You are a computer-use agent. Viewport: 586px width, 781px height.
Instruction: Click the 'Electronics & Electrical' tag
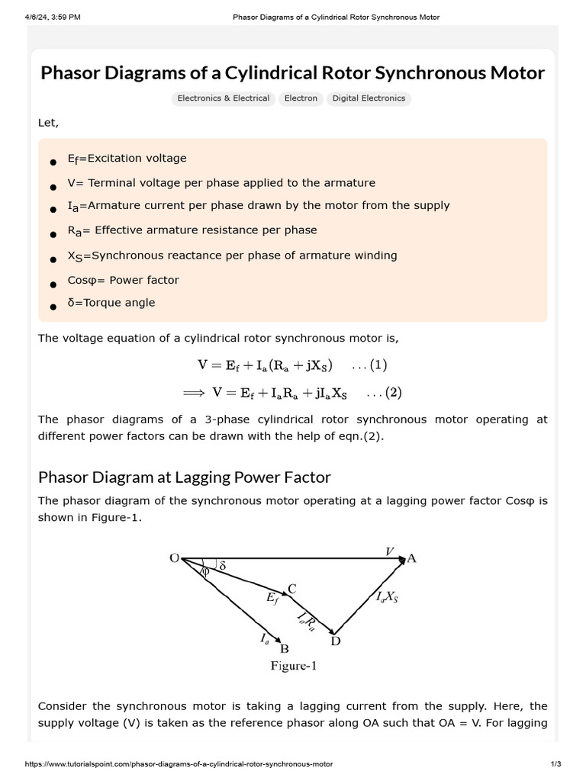coord(223,98)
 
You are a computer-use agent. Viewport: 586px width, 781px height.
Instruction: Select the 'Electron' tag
coord(301,98)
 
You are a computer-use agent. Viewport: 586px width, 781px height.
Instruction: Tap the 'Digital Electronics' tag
coord(369,98)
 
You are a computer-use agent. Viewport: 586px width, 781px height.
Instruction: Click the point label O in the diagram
coord(174,558)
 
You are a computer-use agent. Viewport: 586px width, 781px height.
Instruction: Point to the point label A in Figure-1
coord(412,558)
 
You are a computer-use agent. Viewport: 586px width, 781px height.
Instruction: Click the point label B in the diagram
coord(285,649)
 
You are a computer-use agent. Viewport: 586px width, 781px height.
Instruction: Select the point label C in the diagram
coord(291,589)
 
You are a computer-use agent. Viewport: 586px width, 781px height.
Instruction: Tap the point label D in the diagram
coord(335,641)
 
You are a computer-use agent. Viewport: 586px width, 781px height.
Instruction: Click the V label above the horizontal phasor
coord(390,551)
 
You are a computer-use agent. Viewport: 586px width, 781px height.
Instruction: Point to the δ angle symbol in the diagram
coord(222,566)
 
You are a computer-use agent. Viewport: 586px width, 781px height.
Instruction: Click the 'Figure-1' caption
coord(294,666)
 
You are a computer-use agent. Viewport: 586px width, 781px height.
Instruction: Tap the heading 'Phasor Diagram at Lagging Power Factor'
coord(185,477)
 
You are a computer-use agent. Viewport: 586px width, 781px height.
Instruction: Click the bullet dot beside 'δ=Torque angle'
coord(53,306)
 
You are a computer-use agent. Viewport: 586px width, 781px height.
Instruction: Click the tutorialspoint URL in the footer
coord(179,763)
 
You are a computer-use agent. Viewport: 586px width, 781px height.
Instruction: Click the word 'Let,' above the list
coord(48,123)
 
